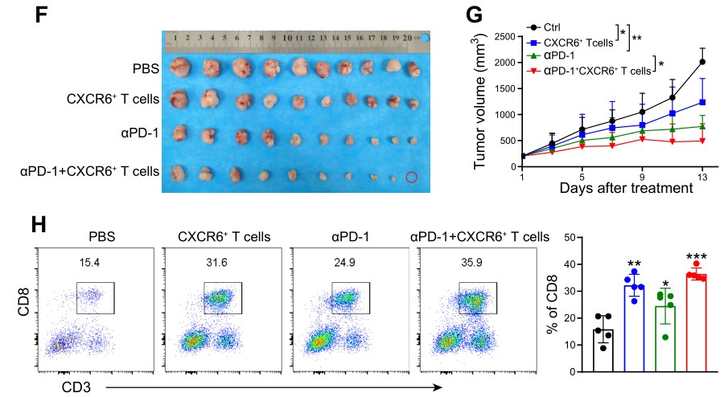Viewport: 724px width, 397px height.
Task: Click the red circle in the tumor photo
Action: tap(412, 177)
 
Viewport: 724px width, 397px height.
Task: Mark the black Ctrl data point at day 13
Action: tap(703, 62)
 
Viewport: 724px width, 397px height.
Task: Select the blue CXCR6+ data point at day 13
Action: tap(703, 103)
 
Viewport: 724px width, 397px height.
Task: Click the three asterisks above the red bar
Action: tap(696, 257)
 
